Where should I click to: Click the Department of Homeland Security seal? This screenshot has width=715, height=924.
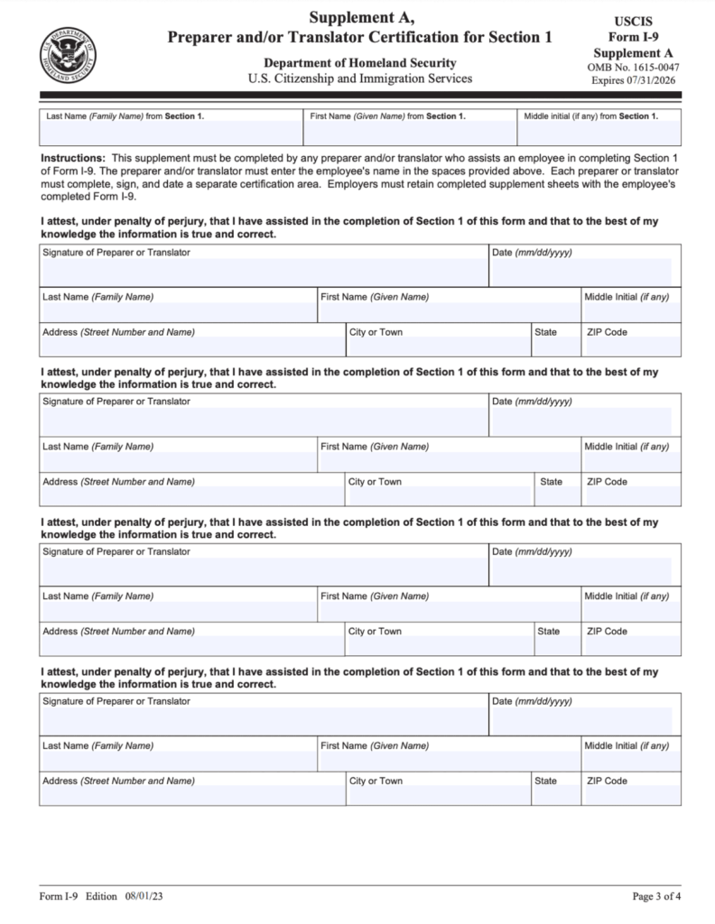67,53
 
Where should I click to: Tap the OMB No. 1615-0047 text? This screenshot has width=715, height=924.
632,67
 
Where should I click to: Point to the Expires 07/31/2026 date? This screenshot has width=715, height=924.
632,80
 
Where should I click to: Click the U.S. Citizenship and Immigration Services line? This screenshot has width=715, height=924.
359,79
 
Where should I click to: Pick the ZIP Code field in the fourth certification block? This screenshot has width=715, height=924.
631,795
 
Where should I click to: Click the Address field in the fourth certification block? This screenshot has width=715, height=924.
191,795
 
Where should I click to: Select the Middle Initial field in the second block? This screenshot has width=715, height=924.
631,461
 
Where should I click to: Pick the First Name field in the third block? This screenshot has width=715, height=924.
449,611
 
